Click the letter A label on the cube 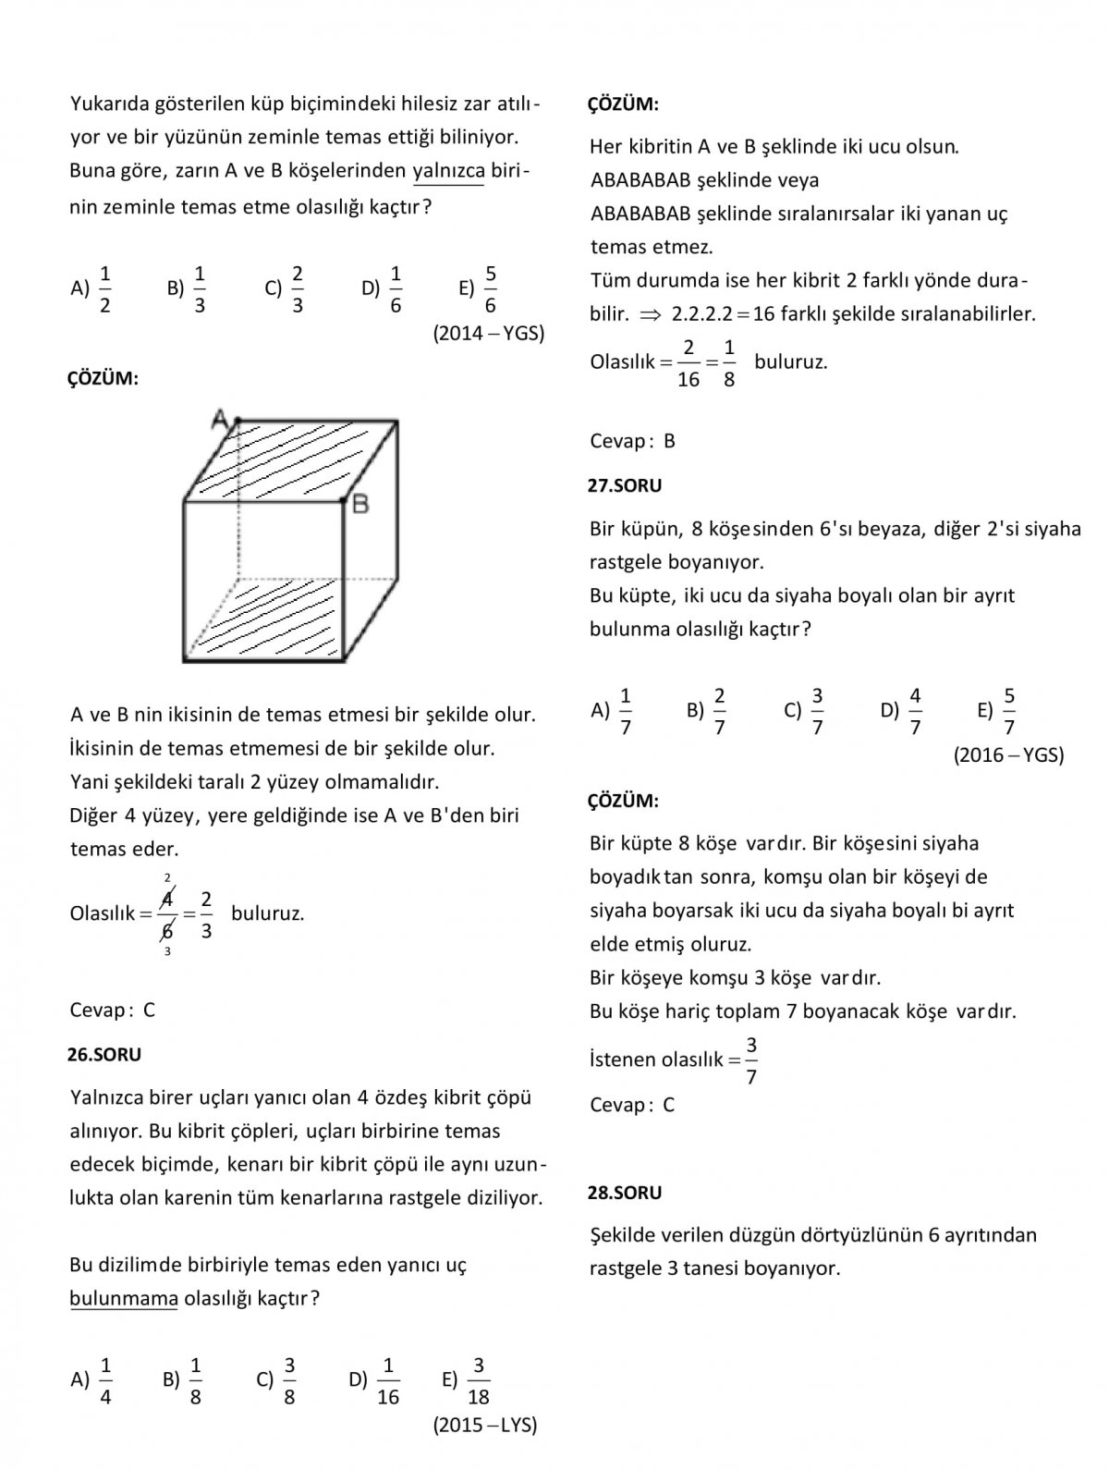coord(221,419)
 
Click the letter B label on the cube coord(360,504)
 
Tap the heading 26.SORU coord(104,1054)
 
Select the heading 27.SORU coord(626,485)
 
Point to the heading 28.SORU coord(626,1193)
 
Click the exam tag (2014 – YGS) coord(489,334)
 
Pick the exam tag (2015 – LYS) coord(485,1425)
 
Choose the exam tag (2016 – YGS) coord(1008,755)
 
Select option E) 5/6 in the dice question coord(480,289)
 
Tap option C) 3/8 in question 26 coord(278,1380)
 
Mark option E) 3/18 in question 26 coord(468,1380)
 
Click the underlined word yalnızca coord(448,171)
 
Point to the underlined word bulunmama coord(124,1298)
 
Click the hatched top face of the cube coord(291,459)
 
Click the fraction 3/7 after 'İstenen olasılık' coord(751,1060)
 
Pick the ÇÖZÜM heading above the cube coord(103,379)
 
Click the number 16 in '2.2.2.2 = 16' coord(763,314)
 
